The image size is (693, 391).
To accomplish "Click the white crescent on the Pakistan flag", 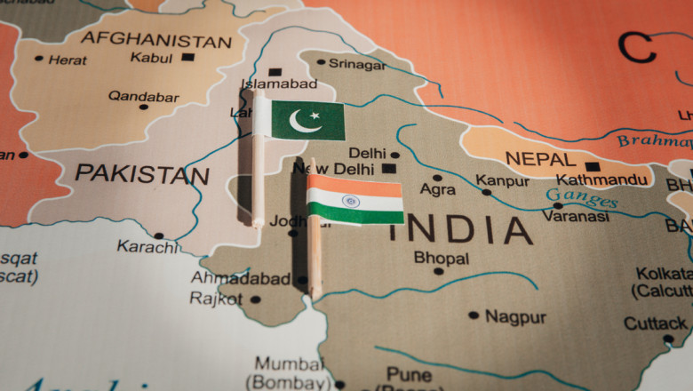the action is [x=304, y=121].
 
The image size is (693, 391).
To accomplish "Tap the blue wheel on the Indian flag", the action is [x=352, y=201].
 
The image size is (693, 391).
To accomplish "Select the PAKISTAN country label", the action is [x=141, y=173].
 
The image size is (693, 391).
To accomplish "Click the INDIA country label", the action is [x=459, y=230].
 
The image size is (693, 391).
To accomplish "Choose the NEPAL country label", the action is [x=540, y=160].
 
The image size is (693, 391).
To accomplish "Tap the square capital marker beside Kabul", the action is [x=187, y=58].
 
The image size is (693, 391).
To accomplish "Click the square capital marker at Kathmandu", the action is [x=593, y=166].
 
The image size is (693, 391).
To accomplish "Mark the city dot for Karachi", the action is [x=158, y=235].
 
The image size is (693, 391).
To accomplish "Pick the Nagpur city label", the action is [x=516, y=316].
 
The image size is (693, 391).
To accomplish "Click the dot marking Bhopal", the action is [x=438, y=271].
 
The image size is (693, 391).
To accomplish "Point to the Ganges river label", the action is [x=582, y=197].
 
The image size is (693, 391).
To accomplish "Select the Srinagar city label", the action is [x=357, y=64].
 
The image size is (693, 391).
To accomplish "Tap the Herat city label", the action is [x=68, y=60].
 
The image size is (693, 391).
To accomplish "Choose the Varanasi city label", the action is [x=576, y=216].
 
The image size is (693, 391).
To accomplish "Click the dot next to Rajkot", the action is [x=256, y=299].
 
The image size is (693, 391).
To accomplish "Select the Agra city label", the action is [x=438, y=190].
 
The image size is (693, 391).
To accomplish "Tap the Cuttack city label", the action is [x=655, y=323].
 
